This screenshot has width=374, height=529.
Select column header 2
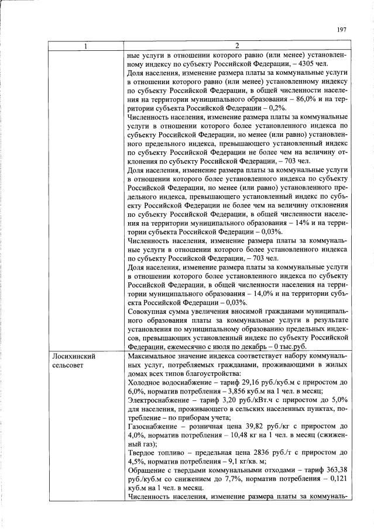(x=236, y=47)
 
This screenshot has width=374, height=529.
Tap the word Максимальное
(x=154, y=356)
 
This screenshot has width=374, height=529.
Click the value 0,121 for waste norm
(x=338, y=479)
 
